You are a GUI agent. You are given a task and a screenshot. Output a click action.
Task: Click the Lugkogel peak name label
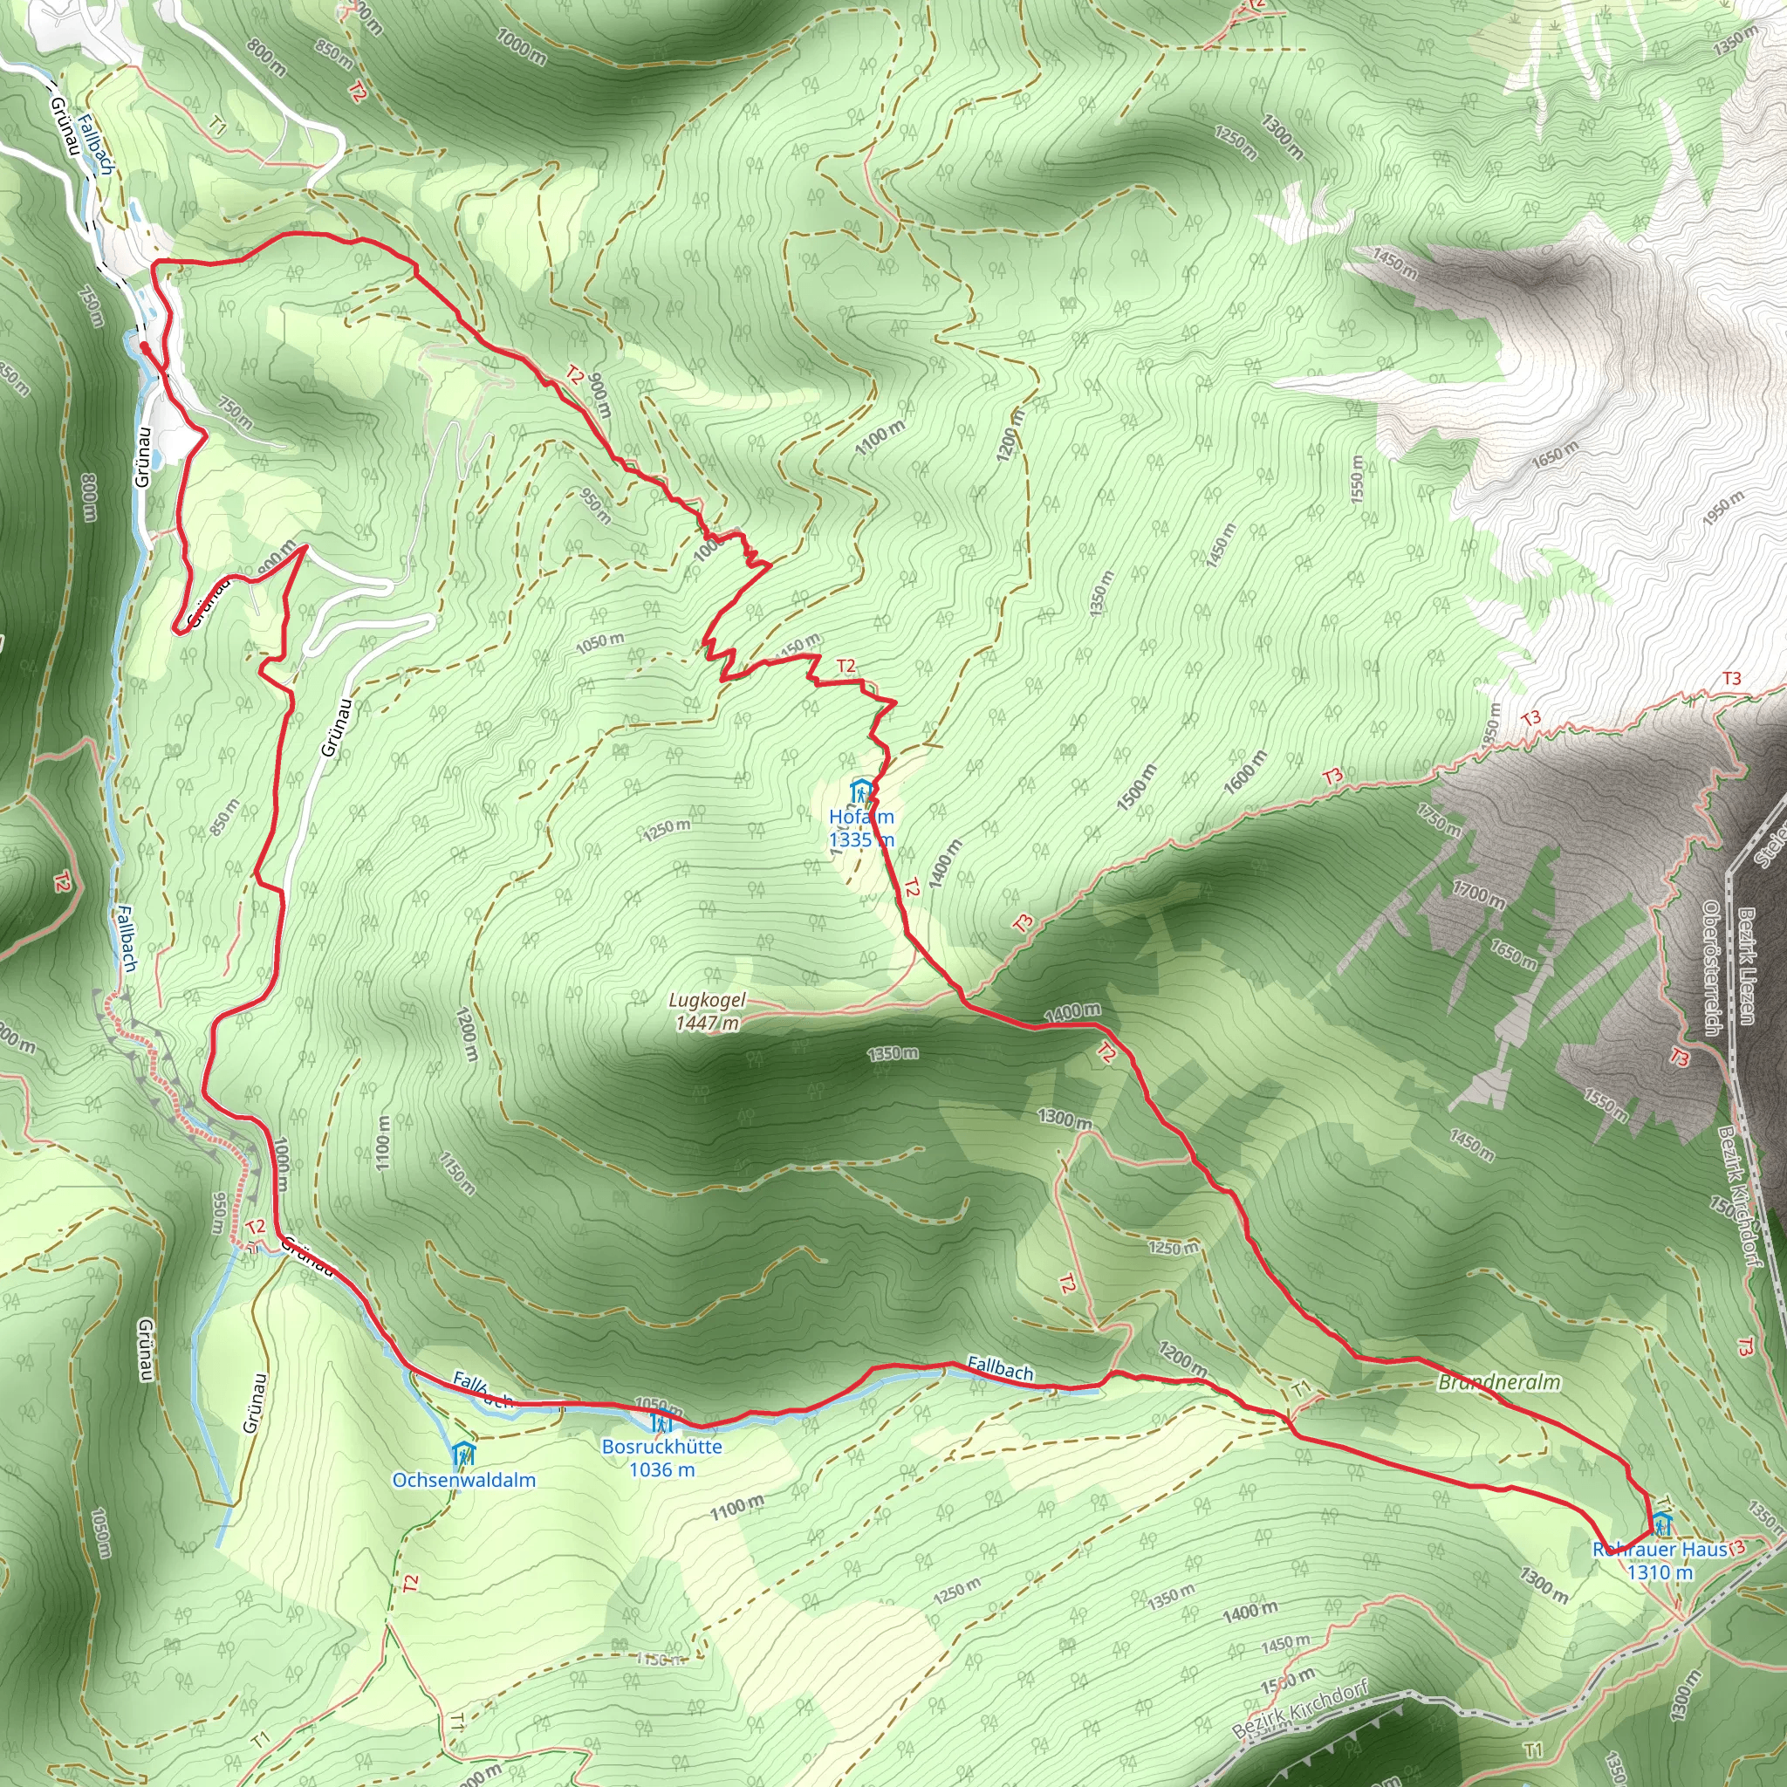(x=708, y=1000)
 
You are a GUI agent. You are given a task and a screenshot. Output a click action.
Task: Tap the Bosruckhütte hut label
(x=661, y=1447)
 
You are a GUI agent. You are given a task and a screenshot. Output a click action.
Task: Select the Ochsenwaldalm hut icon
(x=463, y=1452)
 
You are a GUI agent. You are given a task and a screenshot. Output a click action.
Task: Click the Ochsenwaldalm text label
(x=463, y=1480)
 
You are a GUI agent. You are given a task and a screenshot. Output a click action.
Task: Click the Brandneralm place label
(x=1499, y=1383)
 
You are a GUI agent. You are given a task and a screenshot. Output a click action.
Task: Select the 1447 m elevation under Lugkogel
(x=708, y=1023)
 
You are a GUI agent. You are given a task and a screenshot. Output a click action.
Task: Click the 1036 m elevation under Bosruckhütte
(x=661, y=1469)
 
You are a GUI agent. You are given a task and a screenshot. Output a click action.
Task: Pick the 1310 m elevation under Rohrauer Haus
(x=1660, y=1572)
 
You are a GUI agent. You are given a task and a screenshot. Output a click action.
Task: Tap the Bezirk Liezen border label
(x=1745, y=965)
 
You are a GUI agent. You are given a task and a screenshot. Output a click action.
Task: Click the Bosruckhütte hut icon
(x=661, y=1421)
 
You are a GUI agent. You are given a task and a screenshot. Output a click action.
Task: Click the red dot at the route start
(x=144, y=348)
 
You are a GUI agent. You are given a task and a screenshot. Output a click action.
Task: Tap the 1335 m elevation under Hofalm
(x=861, y=840)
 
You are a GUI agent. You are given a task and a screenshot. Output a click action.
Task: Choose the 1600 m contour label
(x=1245, y=772)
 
